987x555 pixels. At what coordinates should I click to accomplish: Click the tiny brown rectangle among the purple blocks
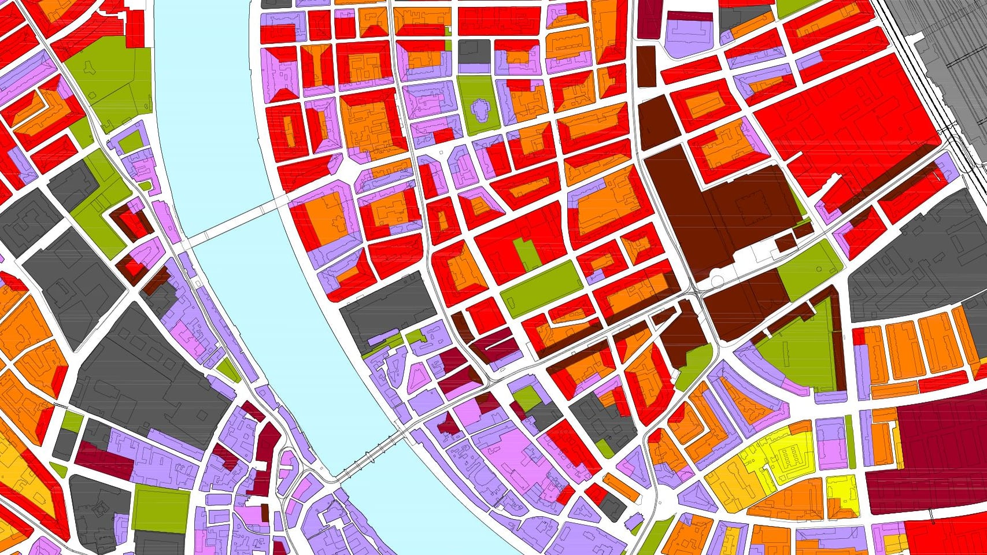coord(265,512)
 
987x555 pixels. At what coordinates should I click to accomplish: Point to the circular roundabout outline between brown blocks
coord(717,282)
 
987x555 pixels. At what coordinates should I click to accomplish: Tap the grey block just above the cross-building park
coord(475,51)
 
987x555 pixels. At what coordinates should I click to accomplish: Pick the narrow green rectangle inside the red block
coord(524,255)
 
